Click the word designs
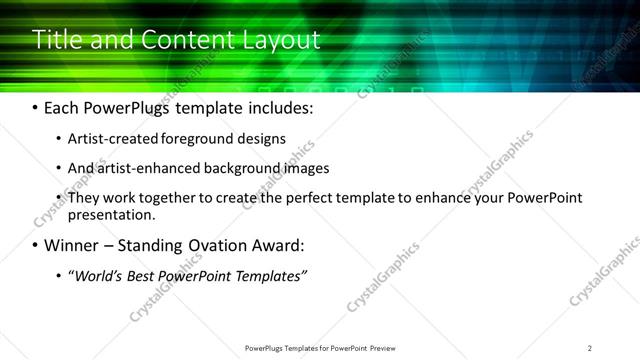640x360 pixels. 265,139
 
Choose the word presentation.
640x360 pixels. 112,214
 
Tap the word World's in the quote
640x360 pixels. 94,275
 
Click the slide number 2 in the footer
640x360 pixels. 590,348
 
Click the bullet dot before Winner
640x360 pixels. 36,246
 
